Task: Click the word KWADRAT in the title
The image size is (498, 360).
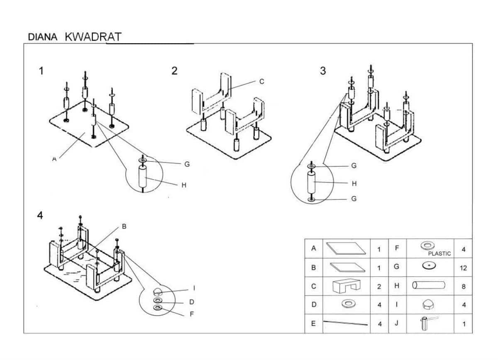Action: [x=93, y=36]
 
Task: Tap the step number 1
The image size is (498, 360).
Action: [x=41, y=71]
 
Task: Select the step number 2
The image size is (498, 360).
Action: [x=174, y=71]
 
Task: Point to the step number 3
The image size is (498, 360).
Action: [x=323, y=71]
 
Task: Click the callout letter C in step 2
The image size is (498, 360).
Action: [x=262, y=82]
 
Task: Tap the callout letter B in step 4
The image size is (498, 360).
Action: [x=124, y=226]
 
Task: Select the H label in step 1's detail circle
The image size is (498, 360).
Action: [x=184, y=185]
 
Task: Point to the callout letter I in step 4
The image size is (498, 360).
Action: [x=194, y=288]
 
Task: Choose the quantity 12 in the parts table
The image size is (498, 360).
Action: [x=463, y=268]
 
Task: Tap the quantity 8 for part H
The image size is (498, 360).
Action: [x=463, y=287]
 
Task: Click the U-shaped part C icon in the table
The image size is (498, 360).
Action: [x=347, y=285]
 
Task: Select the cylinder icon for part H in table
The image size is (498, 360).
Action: [x=428, y=285]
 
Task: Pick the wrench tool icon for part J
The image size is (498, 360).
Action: [x=427, y=323]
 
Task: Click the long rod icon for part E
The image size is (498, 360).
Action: [x=345, y=323]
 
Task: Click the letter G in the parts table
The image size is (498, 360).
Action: [x=397, y=267]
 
